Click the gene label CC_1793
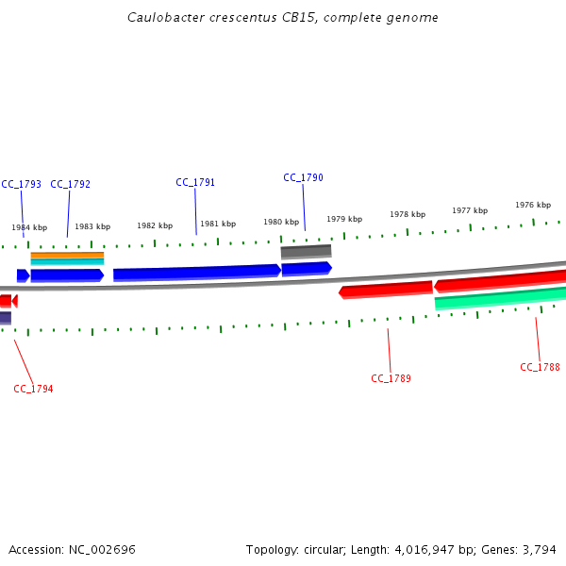[21, 184]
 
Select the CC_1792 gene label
[70, 184]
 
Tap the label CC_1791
[195, 182]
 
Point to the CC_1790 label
[303, 177]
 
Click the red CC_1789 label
[391, 378]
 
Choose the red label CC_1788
[540, 367]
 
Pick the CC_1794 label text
[33, 389]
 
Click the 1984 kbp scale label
[29, 227]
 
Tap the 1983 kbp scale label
[92, 226]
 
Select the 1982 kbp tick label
[155, 225]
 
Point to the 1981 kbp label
[218, 224]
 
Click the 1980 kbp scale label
[281, 222]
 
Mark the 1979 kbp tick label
[344, 219]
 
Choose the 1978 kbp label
[408, 214]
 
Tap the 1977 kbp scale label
[470, 210]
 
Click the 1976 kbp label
[533, 205]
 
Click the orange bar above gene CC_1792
[67, 255]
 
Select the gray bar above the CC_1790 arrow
[306, 252]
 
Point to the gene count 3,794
[538, 549]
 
